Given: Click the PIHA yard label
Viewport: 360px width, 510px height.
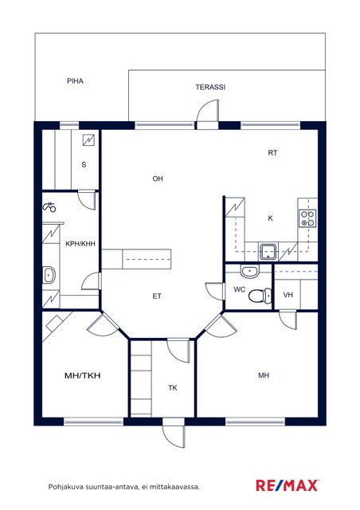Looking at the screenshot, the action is (x=75, y=81).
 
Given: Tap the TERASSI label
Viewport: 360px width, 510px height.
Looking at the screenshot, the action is (x=210, y=87).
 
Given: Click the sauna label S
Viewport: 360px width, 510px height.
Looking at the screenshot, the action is (x=84, y=165).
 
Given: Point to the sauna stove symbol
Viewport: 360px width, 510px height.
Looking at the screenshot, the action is (x=88, y=140).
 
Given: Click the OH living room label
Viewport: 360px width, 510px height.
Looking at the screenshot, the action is (x=158, y=178).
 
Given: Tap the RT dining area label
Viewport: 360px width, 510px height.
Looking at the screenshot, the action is (x=272, y=153).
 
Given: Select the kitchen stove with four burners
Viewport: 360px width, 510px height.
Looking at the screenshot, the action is (x=307, y=218).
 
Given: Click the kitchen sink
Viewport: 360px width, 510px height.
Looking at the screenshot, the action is (x=268, y=252).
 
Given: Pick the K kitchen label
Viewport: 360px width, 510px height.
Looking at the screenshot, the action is (x=270, y=218).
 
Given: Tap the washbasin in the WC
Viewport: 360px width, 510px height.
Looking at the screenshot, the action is (x=250, y=271).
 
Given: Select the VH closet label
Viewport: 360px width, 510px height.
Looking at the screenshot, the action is (x=288, y=295).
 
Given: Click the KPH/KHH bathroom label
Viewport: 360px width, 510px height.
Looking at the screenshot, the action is (x=80, y=244).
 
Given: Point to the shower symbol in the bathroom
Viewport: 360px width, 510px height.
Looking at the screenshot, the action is (x=49, y=207).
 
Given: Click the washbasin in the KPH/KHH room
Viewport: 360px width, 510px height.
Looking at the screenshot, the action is (x=49, y=276).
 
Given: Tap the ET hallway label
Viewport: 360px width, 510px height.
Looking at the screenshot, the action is (x=157, y=296).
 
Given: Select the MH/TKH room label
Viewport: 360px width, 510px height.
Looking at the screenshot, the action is (x=83, y=375).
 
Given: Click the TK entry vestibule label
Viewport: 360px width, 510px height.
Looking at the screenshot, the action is (x=173, y=388).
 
